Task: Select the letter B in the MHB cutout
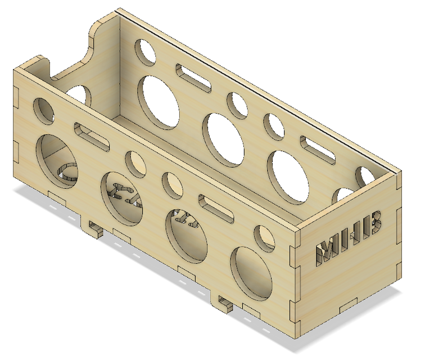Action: pyautogui.click(x=374, y=223)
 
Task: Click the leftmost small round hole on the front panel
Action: pyautogui.click(x=44, y=110)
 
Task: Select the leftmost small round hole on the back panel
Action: pyautogui.click(x=146, y=52)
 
